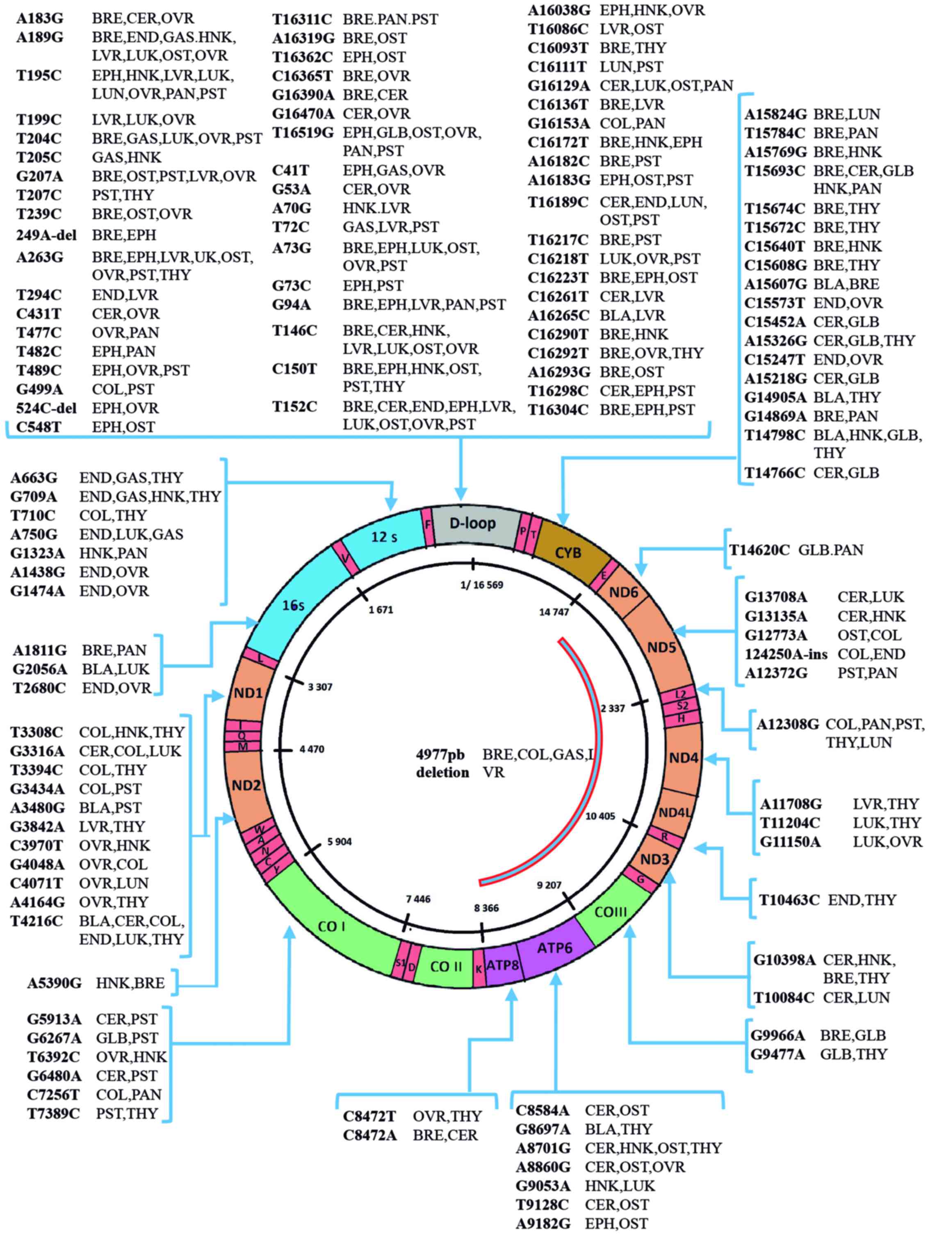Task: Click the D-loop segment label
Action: [x=472, y=524]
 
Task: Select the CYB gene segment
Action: [x=568, y=553]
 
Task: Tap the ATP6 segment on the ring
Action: [x=555, y=948]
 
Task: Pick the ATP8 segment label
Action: [x=502, y=965]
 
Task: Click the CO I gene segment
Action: [x=331, y=926]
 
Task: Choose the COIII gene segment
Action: [x=611, y=912]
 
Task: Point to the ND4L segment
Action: [x=674, y=812]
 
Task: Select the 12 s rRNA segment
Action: [x=384, y=537]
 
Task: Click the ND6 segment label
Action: [x=623, y=592]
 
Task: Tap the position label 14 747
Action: [x=554, y=612]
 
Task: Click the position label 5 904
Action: [x=340, y=841]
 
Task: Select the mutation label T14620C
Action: [x=759, y=550]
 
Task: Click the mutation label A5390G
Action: [x=54, y=983]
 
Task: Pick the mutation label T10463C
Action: [x=789, y=900]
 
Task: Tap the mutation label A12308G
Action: [x=788, y=725]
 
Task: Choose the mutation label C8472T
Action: [x=369, y=1116]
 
